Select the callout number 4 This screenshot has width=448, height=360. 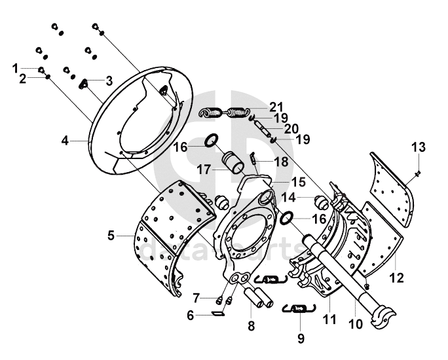[x=22, y=79]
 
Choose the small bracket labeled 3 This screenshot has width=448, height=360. [x=85, y=84]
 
